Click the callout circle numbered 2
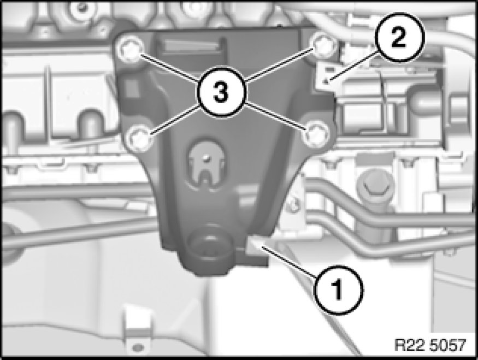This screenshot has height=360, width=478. [398, 38]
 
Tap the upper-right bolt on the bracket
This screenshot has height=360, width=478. [324, 45]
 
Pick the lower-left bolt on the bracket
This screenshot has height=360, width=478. [139, 139]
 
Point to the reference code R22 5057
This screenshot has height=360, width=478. [430, 345]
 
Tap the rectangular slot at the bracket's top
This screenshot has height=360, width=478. [191, 46]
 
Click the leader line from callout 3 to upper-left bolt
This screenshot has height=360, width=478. [169, 68]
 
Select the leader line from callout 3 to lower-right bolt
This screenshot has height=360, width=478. [276, 117]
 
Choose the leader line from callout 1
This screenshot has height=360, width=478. [288, 262]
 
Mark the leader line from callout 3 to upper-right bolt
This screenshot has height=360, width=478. [279, 66]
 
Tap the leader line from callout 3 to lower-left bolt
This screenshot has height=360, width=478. [175, 119]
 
